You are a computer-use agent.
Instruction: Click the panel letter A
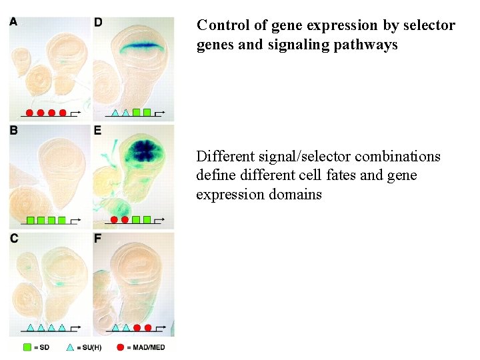[14, 23]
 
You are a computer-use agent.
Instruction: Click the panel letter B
[14, 131]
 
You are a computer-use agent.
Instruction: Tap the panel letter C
[14, 239]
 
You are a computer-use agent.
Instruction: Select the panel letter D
[98, 23]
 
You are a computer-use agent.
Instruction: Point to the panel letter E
[98, 131]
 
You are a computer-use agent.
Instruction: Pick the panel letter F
[98, 239]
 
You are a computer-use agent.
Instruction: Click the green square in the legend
[27, 347]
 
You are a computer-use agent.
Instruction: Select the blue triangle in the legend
[71, 347]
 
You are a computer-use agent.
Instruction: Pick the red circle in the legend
[121, 347]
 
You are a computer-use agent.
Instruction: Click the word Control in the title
[223, 25]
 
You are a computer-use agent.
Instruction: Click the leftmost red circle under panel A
[30, 113]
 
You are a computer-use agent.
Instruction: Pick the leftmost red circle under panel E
[114, 219]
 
